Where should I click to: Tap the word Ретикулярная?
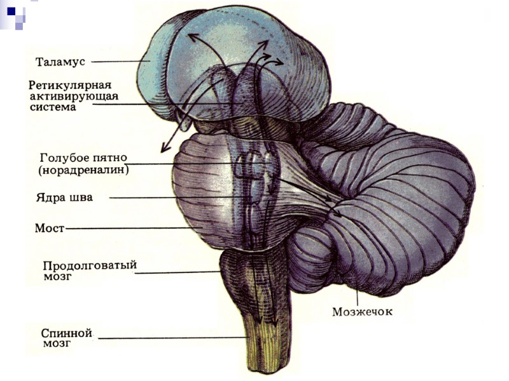[70, 84]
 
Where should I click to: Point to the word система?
[53, 107]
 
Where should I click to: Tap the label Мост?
[48, 227]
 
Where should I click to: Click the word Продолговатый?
[90, 265]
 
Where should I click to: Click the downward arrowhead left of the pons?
[164, 147]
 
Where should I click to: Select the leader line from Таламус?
[121, 62]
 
